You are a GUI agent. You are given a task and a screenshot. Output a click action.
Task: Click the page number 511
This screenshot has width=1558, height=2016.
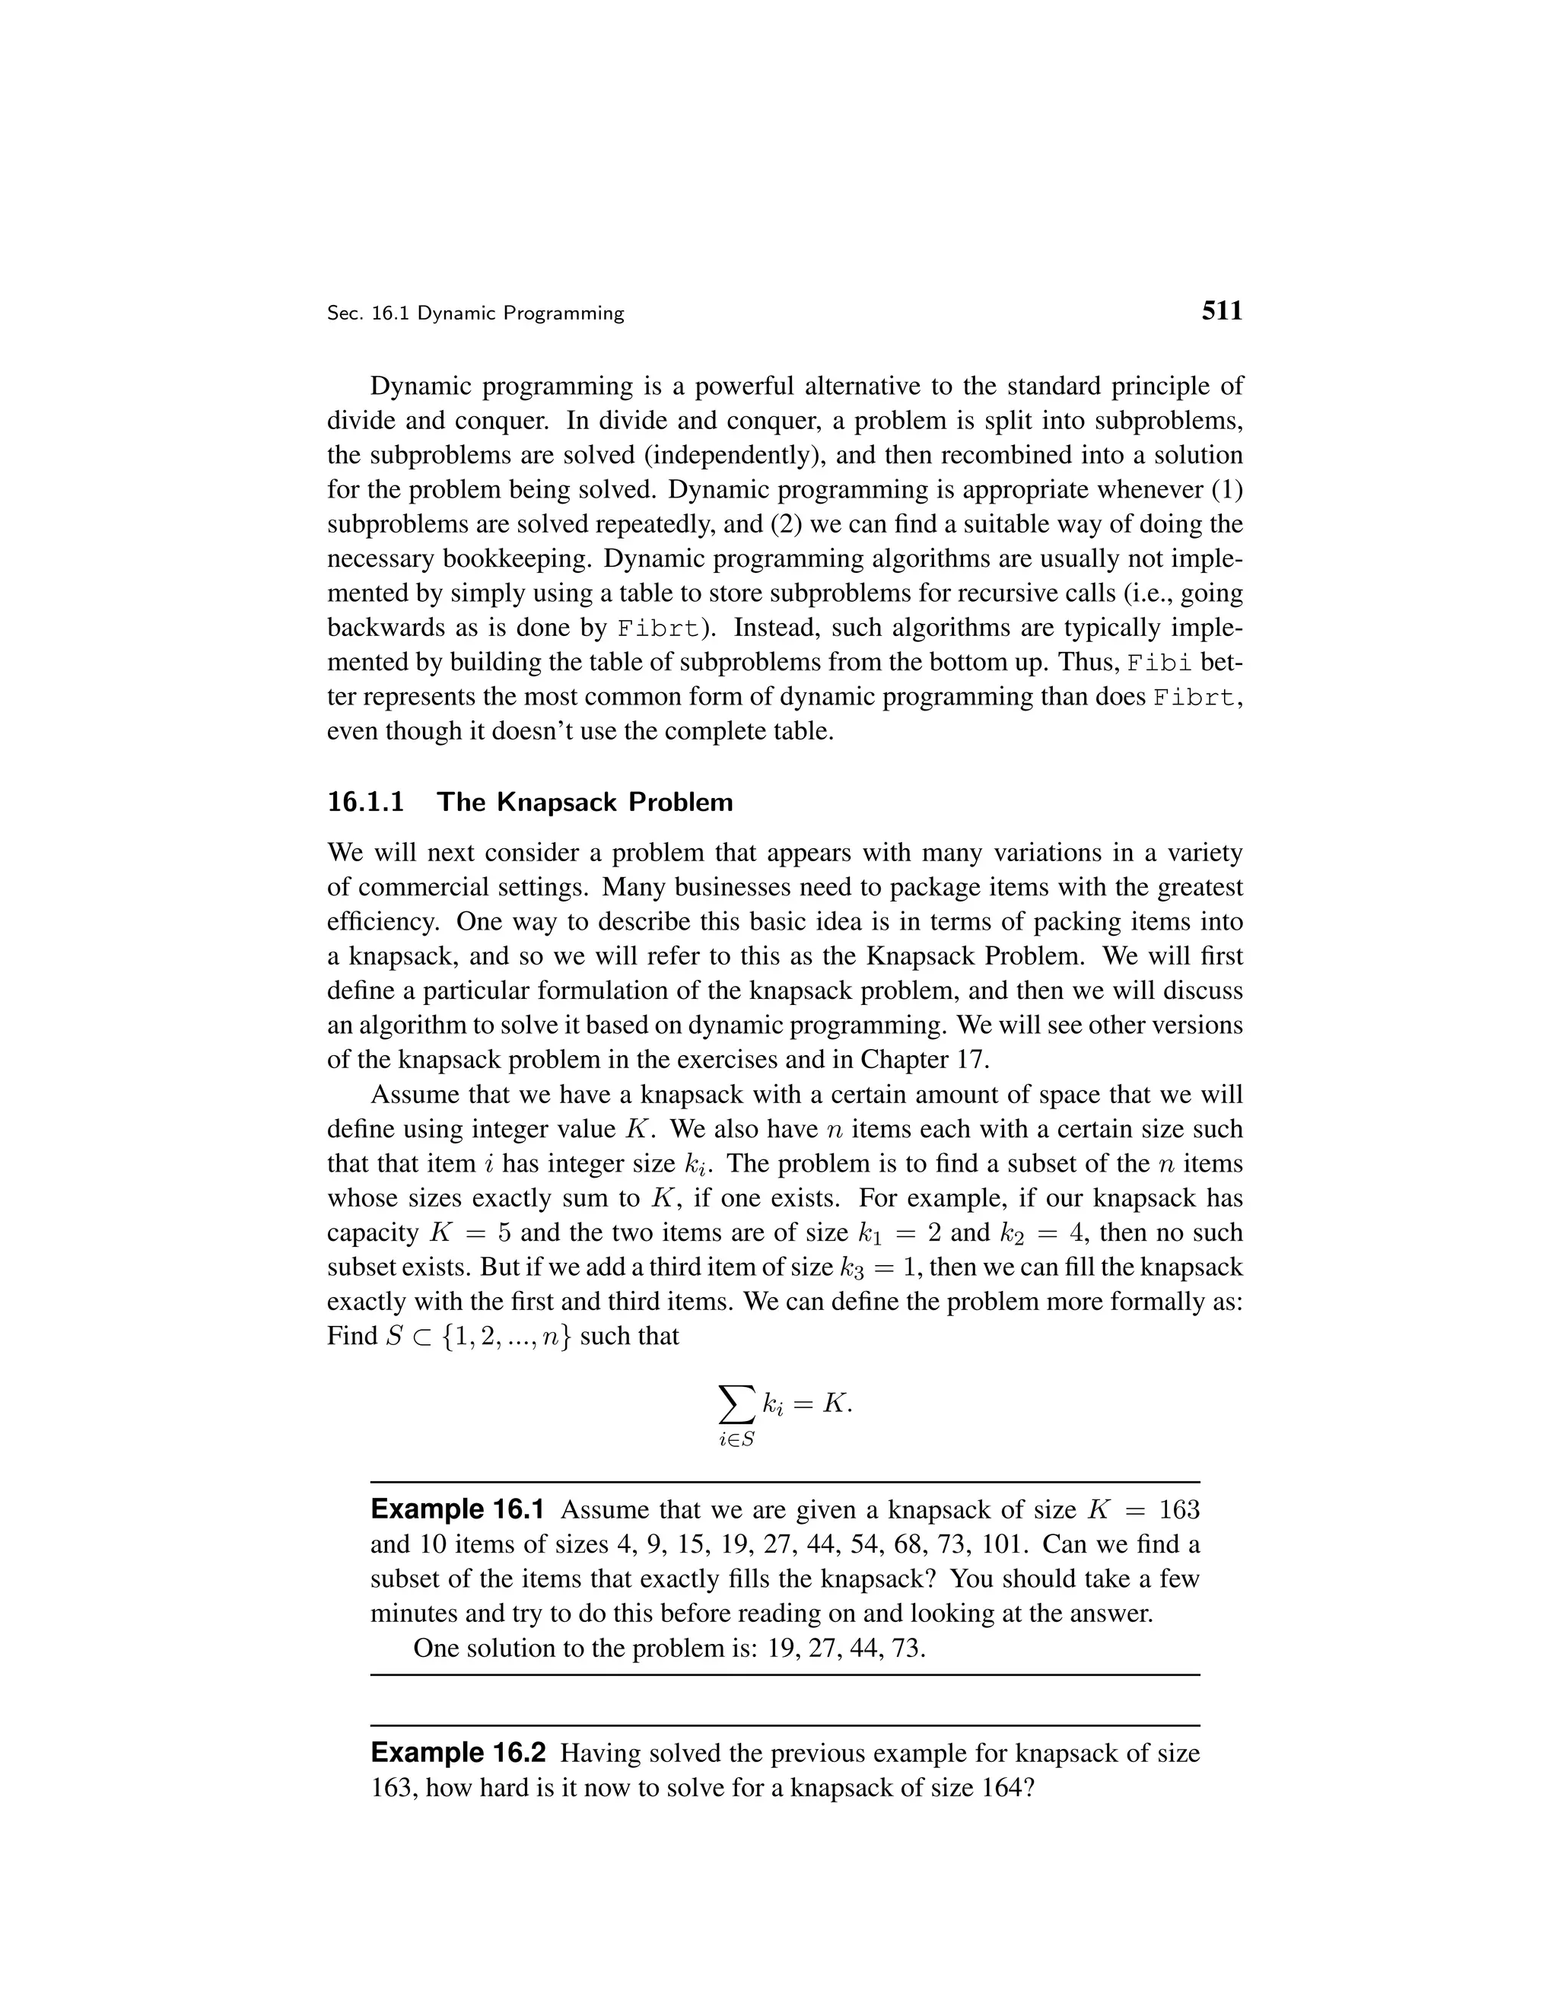click(1221, 311)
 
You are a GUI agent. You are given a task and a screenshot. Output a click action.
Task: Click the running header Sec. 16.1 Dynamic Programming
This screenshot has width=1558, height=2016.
click(475, 314)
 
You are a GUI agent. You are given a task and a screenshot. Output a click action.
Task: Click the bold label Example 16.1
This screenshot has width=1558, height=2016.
click(457, 1510)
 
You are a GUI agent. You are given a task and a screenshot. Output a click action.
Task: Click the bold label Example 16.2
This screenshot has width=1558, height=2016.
click(458, 1753)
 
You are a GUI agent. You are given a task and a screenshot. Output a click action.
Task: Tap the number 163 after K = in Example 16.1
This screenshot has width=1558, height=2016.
click(1178, 1510)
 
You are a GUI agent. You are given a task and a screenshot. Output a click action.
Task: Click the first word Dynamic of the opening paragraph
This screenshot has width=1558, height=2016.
click(420, 386)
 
